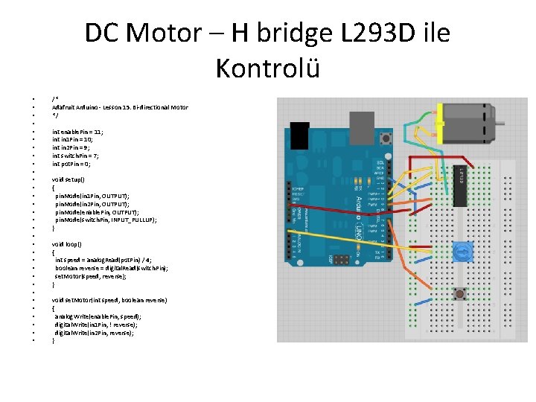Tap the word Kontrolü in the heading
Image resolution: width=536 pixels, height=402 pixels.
click(268, 68)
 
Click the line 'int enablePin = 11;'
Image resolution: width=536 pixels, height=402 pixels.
click(77, 131)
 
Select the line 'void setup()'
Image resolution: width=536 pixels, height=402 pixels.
click(68, 179)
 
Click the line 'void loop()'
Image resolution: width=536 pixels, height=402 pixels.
click(67, 244)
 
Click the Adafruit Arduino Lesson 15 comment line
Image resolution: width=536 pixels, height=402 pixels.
click(120, 107)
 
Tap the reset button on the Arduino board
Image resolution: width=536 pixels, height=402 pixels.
click(386, 138)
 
